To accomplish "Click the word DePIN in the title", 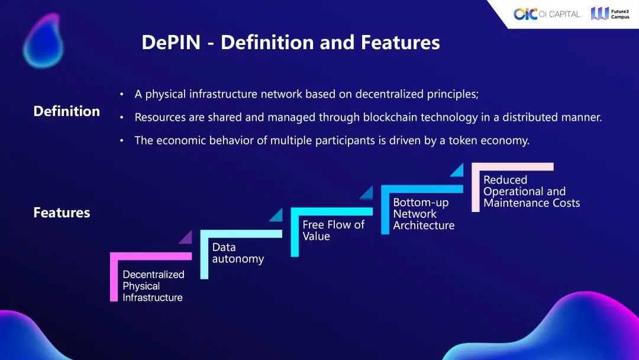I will [170, 43].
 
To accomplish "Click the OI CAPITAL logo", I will [547, 14].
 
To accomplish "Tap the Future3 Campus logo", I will [610, 14].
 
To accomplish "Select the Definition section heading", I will [66, 111].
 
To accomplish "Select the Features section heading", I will [62, 213].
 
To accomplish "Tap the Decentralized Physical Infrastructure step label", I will [153, 286].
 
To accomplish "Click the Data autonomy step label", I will [238, 253].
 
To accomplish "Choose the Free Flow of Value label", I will [333, 230].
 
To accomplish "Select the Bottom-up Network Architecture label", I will [424, 214].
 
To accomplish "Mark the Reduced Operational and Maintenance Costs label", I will [531, 191].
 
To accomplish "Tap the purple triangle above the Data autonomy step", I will [186, 237].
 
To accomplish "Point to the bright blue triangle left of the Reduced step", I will [457, 171].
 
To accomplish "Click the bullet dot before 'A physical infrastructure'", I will [121, 95].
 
